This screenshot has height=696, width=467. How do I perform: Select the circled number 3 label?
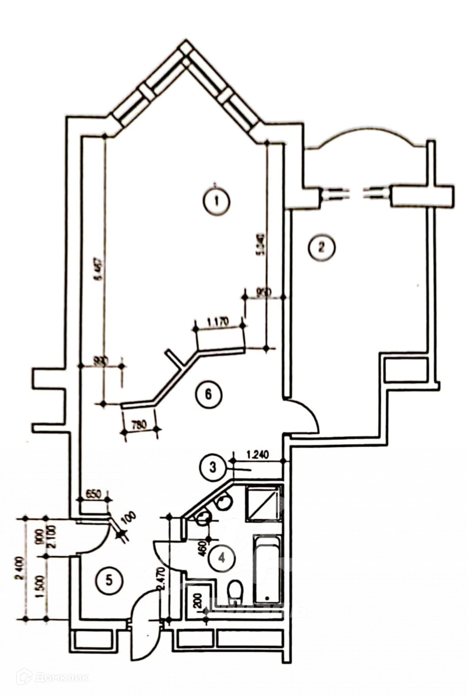213,468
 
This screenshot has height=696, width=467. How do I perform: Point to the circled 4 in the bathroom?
222,557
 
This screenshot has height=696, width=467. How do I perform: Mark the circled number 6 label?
208,395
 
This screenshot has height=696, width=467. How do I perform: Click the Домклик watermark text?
61,677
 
